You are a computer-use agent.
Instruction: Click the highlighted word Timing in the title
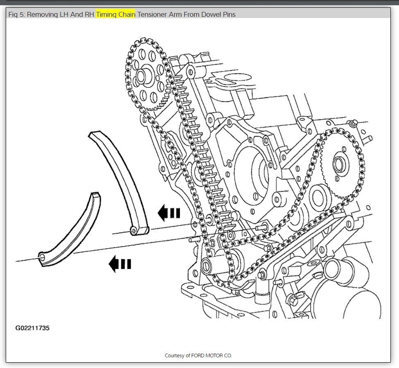(106, 14)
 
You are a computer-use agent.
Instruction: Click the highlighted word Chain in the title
(126, 14)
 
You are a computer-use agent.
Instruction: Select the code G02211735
(32, 328)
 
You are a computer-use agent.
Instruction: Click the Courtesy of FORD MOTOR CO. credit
(198, 355)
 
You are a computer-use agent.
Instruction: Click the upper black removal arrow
(169, 213)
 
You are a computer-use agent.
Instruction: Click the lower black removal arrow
(120, 264)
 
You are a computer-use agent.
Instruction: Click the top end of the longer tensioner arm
(95, 135)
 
